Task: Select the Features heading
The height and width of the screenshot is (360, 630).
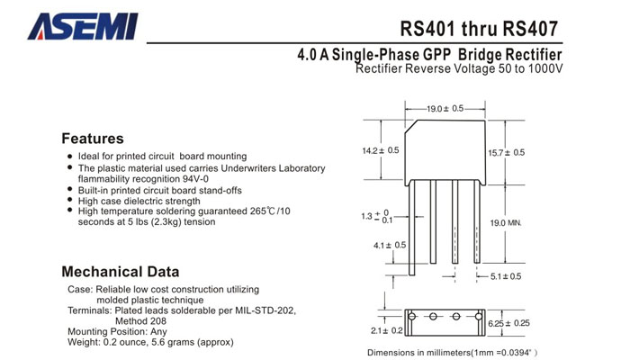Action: [92, 139]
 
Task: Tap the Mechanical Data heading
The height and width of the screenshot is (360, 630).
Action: [120, 271]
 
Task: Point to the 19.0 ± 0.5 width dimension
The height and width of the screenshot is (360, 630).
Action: [445, 108]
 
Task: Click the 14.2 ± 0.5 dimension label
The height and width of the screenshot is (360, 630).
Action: [380, 150]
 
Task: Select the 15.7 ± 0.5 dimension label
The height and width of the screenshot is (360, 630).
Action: [506, 152]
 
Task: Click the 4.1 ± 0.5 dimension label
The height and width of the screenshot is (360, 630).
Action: [390, 245]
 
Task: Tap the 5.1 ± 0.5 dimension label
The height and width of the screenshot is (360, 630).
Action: [506, 276]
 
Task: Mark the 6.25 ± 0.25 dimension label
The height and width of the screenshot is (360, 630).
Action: [508, 322]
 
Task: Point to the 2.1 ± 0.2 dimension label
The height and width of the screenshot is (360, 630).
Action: [386, 330]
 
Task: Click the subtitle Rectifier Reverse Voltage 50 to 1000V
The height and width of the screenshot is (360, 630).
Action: [459, 69]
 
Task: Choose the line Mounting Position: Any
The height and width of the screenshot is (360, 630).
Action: [117, 331]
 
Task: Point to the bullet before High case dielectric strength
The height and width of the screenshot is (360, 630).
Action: [70, 201]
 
